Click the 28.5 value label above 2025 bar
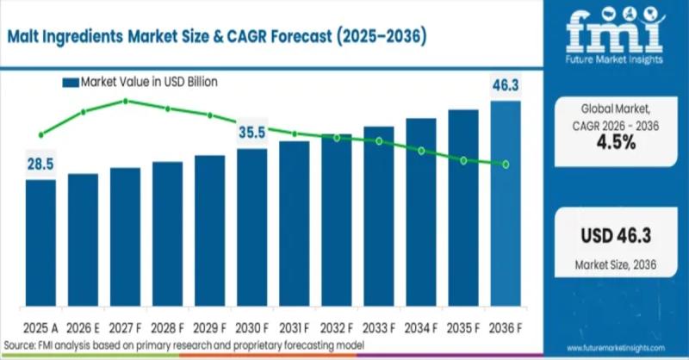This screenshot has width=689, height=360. tap(41, 164)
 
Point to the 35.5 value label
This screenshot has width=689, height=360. tap(251, 133)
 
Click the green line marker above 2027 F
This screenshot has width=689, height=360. tap(126, 101)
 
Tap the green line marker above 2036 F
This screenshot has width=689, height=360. tap(506, 164)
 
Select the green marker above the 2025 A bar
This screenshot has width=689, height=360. tap(41, 135)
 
